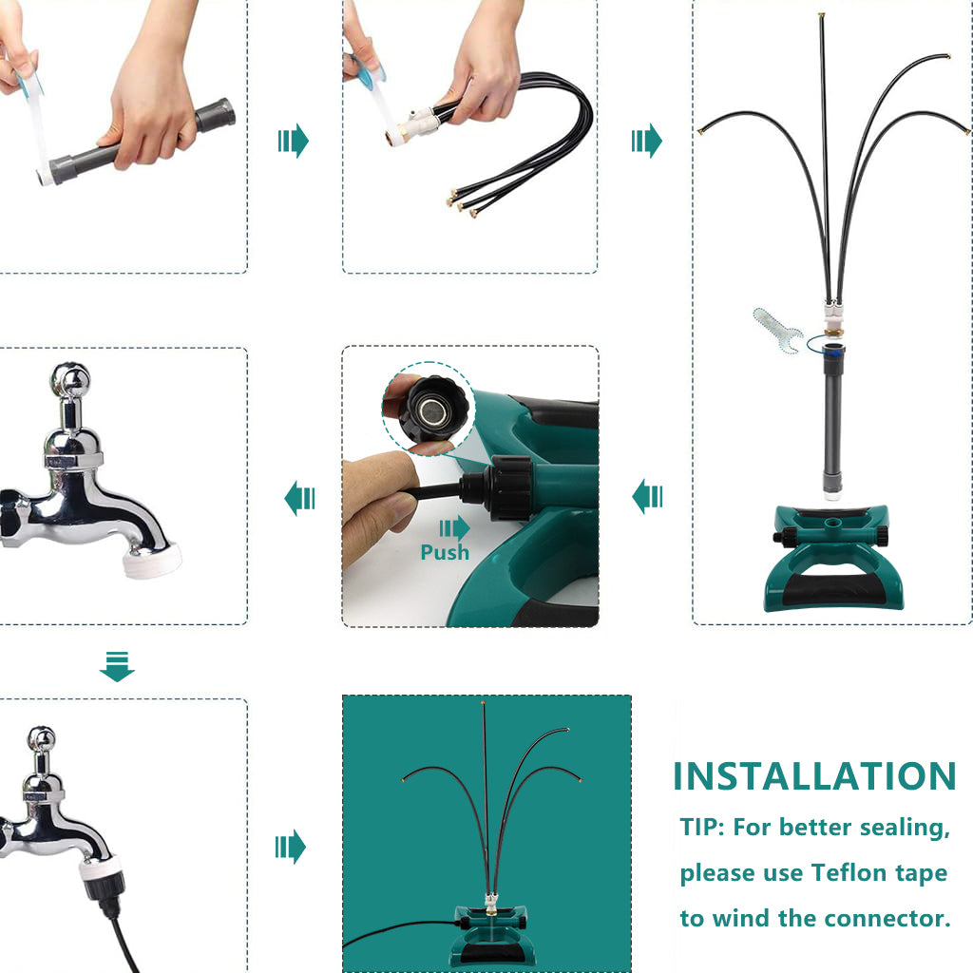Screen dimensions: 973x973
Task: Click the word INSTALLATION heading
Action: click(x=814, y=776)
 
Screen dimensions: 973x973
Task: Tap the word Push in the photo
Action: click(x=445, y=552)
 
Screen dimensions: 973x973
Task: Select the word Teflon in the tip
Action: click(x=849, y=872)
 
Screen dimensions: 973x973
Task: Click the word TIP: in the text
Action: click(x=702, y=828)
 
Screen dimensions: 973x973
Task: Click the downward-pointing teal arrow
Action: click(x=117, y=666)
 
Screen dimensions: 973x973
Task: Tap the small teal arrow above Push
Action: click(x=455, y=528)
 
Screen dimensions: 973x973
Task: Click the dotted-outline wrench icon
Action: click(x=778, y=331)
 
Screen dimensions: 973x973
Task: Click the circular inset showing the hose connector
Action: click(x=429, y=409)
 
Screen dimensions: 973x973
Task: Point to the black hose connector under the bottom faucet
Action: click(x=104, y=888)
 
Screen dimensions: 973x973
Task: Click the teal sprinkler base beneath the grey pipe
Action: click(x=832, y=557)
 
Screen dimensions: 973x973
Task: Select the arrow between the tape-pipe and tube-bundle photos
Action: click(x=293, y=141)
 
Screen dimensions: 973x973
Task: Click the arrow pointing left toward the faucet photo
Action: click(x=299, y=498)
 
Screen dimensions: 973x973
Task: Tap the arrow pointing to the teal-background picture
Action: click(x=291, y=847)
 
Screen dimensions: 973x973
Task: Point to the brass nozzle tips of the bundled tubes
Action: click(x=464, y=201)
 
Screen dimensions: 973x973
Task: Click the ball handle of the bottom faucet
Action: click(x=42, y=740)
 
